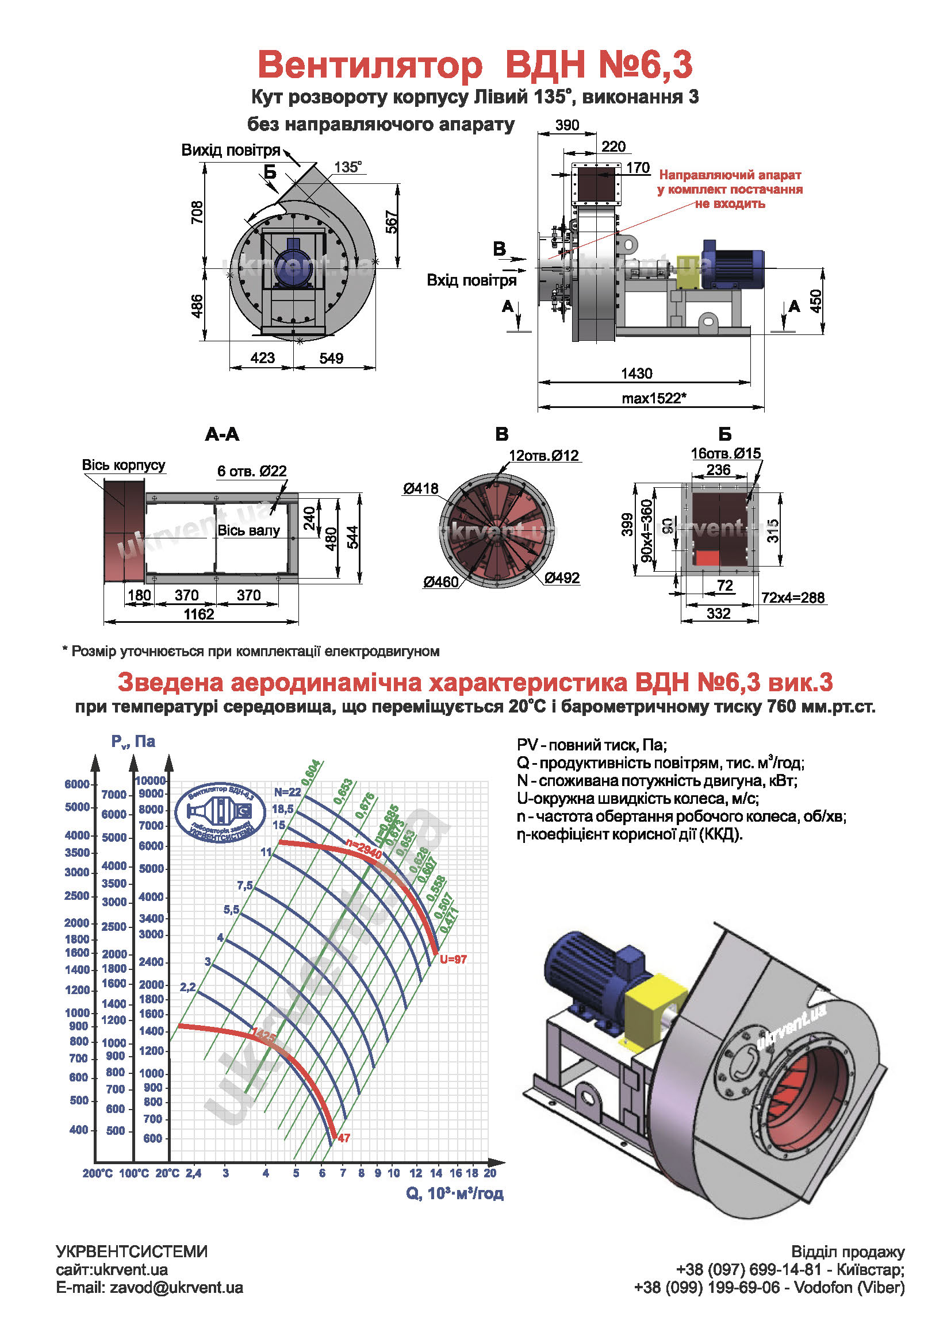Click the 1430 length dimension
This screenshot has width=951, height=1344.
pyautogui.click(x=636, y=373)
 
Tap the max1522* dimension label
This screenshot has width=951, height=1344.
pyautogui.click(x=654, y=399)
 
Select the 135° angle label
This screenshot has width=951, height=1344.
pyautogui.click(x=348, y=167)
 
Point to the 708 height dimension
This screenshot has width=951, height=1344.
pyautogui.click(x=197, y=212)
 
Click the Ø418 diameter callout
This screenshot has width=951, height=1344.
pyautogui.click(x=420, y=488)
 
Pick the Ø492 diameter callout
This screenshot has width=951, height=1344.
pyautogui.click(x=562, y=577)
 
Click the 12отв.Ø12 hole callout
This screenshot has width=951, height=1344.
pyautogui.click(x=543, y=456)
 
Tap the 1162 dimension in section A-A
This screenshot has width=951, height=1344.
pyautogui.click(x=199, y=614)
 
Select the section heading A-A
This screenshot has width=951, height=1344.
pyautogui.click(x=222, y=434)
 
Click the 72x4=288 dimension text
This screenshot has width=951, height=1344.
pyautogui.click(x=793, y=598)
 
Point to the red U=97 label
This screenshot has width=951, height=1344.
pyautogui.click(x=453, y=960)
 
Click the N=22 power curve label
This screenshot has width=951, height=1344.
pyautogui.click(x=287, y=792)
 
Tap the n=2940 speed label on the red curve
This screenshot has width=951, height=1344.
pyautogui.click(x=363, y=849)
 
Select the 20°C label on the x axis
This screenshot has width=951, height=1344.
pyautogui.click(x=167, y=1173)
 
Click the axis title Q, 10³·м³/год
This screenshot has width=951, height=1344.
pyautogui.click(x=454, y=1193)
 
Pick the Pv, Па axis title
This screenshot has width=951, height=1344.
pyautogui.click(x=133, y=742)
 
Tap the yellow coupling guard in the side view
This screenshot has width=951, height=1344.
pyautogui.click(x=689, y=272)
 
